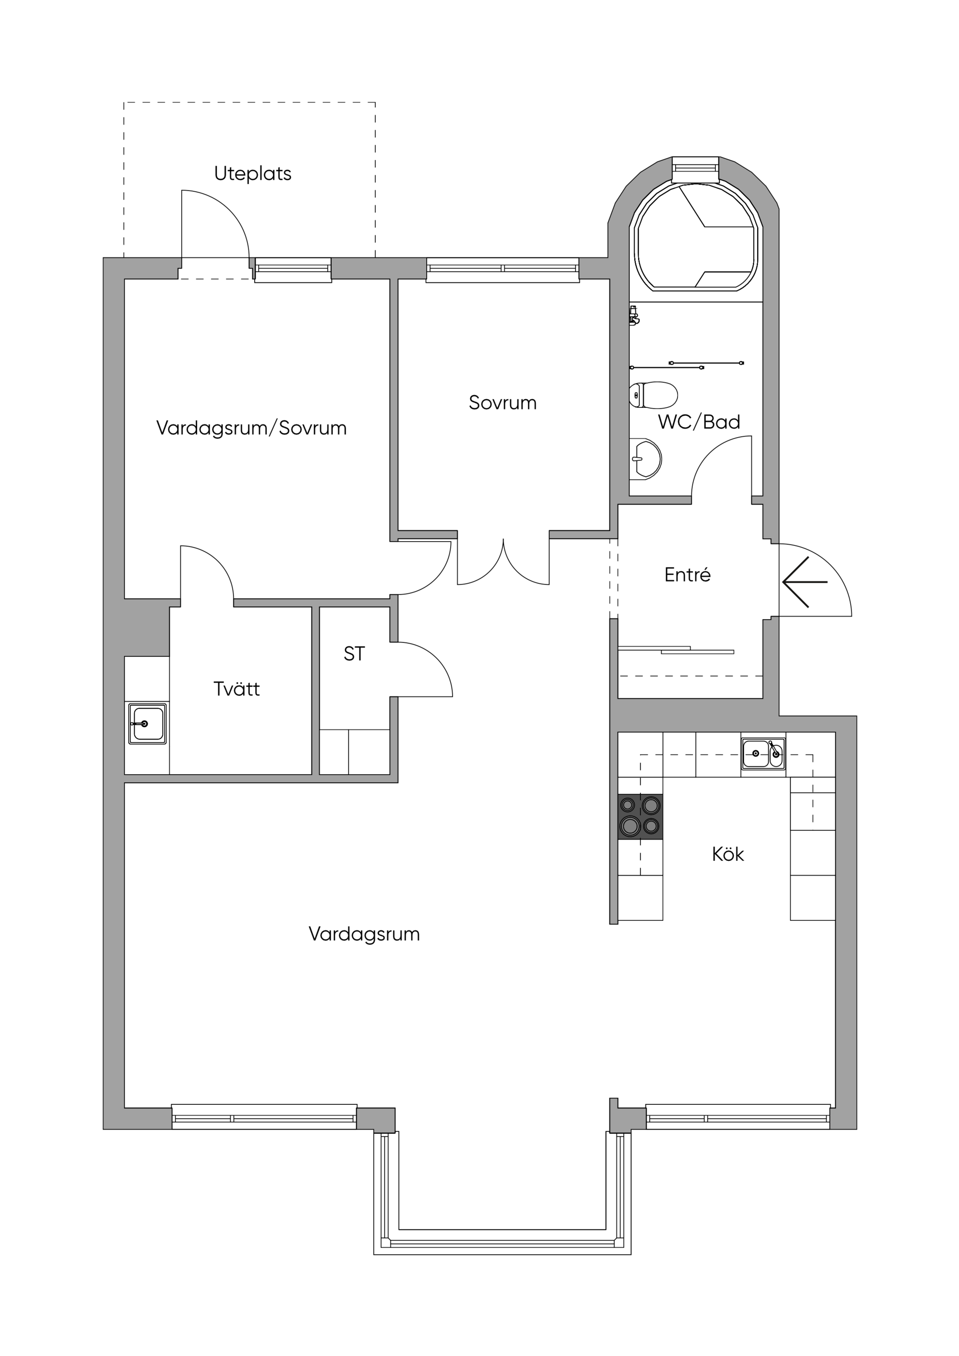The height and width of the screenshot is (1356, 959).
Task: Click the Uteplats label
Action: click(x=252, y=174)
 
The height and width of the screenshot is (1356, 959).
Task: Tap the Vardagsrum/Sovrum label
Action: click(x=251, y=428)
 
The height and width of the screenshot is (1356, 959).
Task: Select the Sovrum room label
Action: click(x=503, y=403)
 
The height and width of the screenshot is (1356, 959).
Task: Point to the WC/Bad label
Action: click(x=699, y=422)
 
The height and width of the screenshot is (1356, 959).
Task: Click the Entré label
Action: click(x=687, y=575)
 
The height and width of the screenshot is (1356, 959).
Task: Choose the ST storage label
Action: click(x=354, y=654)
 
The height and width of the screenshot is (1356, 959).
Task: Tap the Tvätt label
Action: click(x=236, y=689)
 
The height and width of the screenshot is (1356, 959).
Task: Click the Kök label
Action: click(x=728, y=854)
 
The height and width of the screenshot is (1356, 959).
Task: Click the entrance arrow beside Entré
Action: click(x=805, y=582)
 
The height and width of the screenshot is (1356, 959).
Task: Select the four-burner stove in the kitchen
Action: click(x=640, y=816)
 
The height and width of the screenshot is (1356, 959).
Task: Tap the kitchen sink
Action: click(x=763, y=753)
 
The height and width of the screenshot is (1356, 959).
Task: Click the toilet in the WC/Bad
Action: click(x=653, y=395)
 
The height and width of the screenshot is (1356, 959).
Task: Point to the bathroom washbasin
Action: click(x=645, y=458)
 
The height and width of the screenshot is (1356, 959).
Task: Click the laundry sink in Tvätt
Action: click(x=148, y=723)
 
